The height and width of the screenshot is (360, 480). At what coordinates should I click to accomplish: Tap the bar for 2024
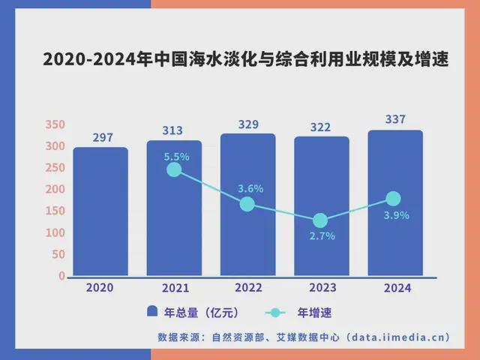[394, 203]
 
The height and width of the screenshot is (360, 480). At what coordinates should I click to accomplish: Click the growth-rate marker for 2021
[174, 169]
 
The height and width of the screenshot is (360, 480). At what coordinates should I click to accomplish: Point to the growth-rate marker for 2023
[320, 220]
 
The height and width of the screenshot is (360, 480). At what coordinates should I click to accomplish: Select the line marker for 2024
[393, 199]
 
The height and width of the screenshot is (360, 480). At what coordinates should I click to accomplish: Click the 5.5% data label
[177, 157]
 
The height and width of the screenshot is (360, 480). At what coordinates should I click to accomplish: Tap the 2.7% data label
[322, 235]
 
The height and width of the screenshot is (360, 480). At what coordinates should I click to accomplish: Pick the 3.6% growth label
[250, 189]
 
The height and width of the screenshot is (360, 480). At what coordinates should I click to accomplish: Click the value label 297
[103, 137]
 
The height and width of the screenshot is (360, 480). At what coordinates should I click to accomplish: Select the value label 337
[394, 119]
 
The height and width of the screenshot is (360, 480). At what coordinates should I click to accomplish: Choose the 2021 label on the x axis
[174, 288]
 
